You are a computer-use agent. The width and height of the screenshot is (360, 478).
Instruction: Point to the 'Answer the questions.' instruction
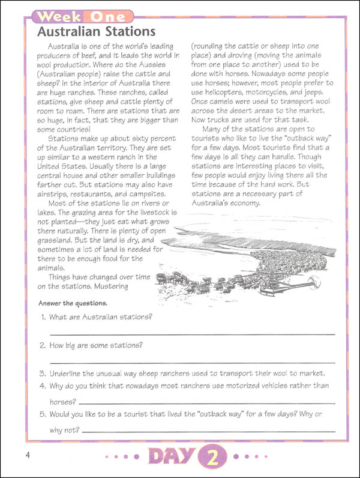pos(73,303)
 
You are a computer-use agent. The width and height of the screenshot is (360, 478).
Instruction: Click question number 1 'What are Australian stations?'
pos(100,316)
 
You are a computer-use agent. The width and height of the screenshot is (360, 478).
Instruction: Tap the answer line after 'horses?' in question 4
pos(206,402)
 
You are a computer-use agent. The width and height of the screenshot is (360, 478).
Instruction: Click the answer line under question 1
pos(192,333)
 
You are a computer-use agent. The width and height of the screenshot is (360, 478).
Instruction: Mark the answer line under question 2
pos(192,362)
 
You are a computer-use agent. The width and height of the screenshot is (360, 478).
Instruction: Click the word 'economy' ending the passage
pos(244,202)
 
